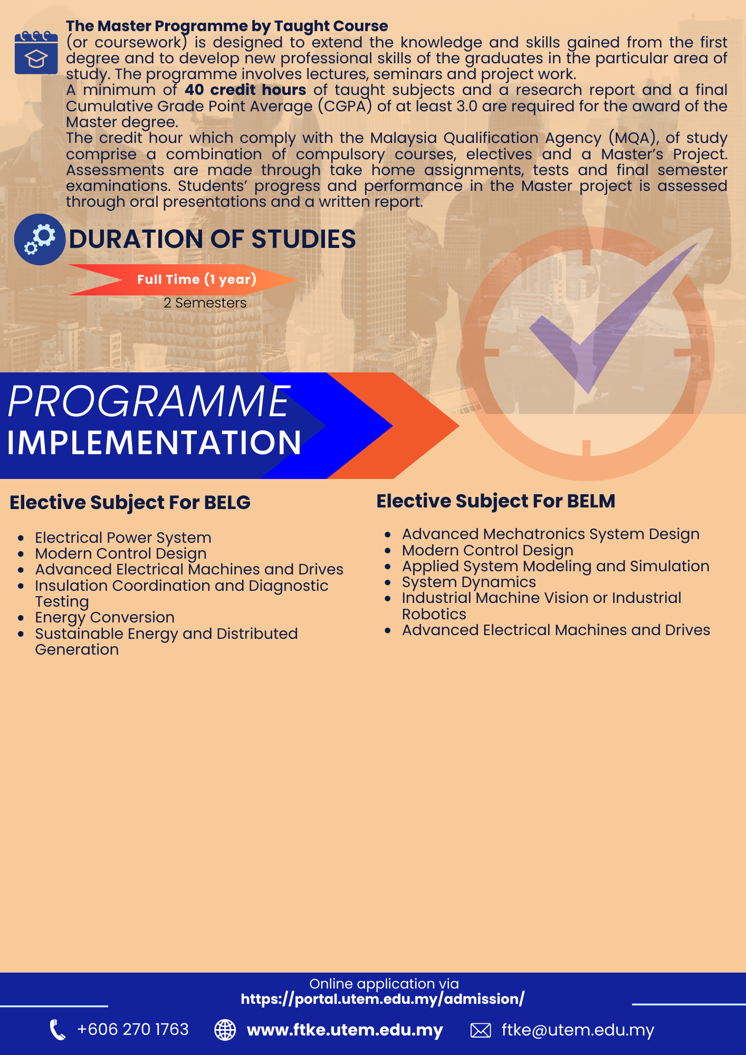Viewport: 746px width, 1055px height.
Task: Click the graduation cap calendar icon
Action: click(36, 53)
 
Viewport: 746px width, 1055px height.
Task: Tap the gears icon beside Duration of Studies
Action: click(40, 239)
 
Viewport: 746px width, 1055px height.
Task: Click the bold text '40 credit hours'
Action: click(245, 90)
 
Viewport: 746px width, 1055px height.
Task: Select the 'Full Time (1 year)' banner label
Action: click(196, 279)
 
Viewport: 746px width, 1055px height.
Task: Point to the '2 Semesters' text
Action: click(205, 303)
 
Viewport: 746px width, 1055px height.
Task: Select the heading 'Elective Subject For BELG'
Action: click(130, 502)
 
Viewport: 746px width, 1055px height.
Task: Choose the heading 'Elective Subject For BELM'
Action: click(495, 501)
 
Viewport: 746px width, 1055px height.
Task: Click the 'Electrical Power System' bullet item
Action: click(123, 538)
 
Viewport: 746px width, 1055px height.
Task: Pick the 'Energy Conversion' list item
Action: click(104, 617)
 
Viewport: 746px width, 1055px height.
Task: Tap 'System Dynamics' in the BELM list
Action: click(468, 582)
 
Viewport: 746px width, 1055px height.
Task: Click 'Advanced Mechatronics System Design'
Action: click(550, 534)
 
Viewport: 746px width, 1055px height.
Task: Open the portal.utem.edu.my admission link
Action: click(382, 999)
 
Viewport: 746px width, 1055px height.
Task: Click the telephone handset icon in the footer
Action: click(57, 1030)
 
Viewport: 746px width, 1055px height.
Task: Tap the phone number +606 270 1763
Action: click(132, 1029)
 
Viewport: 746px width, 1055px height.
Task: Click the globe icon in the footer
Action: click(225, 1030)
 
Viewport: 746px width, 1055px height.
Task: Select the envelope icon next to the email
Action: click(480, 1030)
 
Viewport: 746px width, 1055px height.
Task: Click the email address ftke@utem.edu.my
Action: click(578, 1030)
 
